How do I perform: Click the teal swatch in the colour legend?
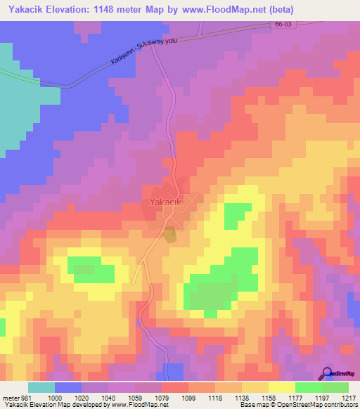click(41, 387)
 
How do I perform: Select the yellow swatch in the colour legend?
click(282, 387)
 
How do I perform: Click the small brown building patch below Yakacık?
click(170, 236)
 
